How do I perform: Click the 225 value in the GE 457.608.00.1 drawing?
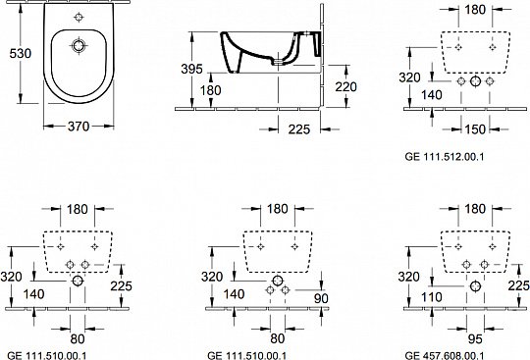pyautogui.click(x=518, y=285)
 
